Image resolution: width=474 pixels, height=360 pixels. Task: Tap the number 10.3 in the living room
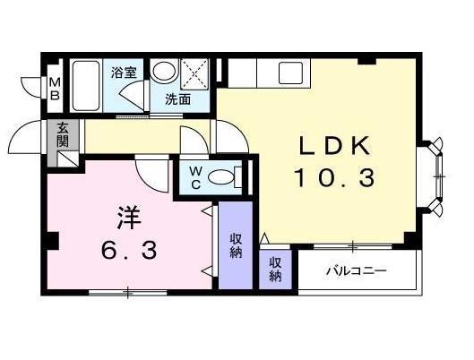pyautogui.click(x=332, y=179)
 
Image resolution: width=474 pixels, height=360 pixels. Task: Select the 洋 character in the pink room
pyautogui.click(x=127, y=219)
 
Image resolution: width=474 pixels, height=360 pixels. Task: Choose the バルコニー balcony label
pyautogui.click(x=356, y=270)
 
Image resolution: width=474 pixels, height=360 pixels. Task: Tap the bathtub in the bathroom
pyautogui.click(x=89, y=85)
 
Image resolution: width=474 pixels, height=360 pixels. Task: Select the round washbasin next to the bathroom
pyautogui.click(x=162, y=72)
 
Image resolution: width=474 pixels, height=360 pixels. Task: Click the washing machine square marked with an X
pyautogui.click(x=194, y=72)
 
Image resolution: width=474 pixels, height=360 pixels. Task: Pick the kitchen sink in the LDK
pyautogui.click(x=291, y=72)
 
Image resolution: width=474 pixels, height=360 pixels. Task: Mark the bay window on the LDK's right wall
pyautogui.click(x=437, y=176)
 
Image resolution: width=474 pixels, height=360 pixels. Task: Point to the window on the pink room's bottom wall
pyautogui.click(x=127, y=290)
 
